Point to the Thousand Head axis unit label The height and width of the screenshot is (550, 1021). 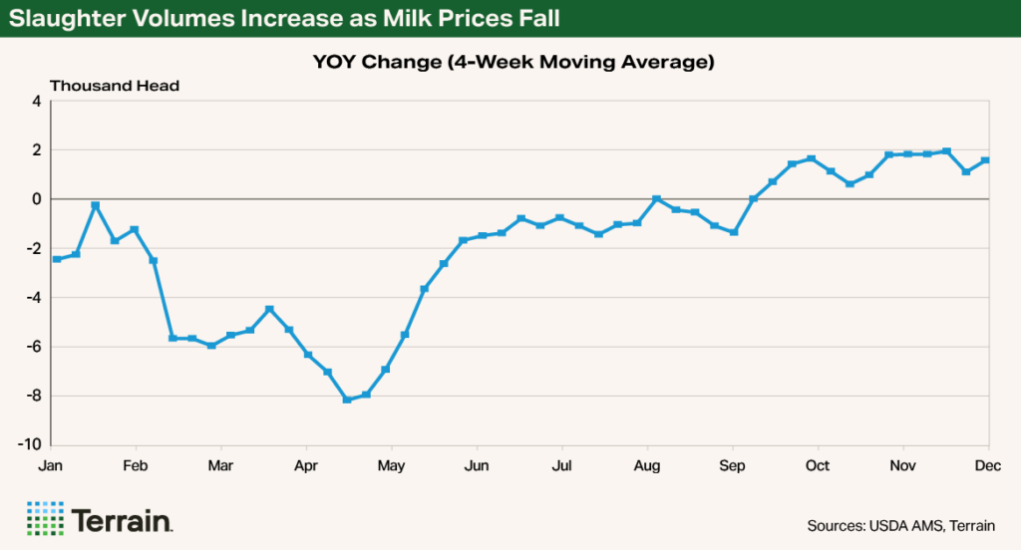click(x=115, y=86)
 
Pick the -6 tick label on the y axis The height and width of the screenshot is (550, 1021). click(x=33, y=347)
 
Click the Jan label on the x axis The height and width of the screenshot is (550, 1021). click(x=50, y=466)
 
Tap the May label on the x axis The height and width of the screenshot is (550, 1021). click(x=391, y=466)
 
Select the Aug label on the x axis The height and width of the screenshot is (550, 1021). click(x=647, y=466)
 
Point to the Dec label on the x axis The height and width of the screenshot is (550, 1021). click(x=988, y=466)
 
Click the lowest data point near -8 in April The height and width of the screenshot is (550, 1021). click(x=347, y=400)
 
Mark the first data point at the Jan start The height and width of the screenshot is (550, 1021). click(x=57, y=259)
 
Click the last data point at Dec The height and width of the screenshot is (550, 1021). click(x=985, y=160)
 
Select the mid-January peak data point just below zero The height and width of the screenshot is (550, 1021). click(x=95, y=205)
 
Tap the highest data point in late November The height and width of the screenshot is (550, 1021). click(x=946, y=151)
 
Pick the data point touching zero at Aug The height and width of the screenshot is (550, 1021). click(x=656, y=199)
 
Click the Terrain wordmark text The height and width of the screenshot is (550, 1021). click(x=124, y=520)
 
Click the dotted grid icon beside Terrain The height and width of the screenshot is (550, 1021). click(x=44, y=519)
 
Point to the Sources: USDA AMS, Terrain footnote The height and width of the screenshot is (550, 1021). click(x=900, y=525)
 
